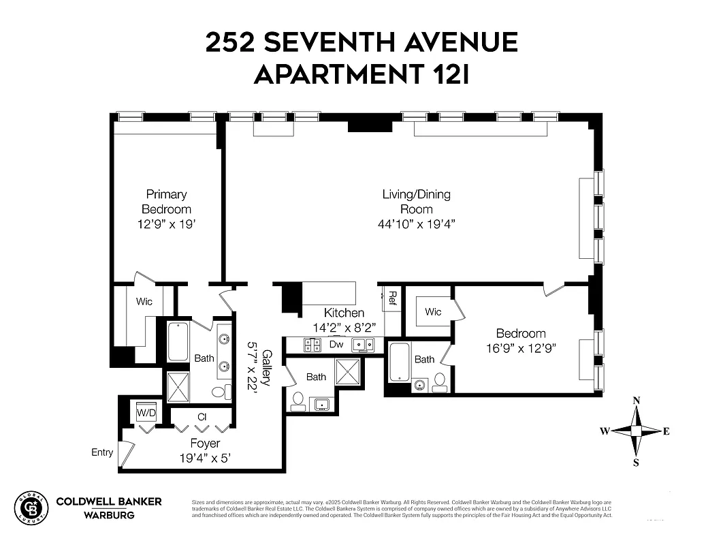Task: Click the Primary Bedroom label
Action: coord(166,202)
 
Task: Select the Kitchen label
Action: coord(344,313)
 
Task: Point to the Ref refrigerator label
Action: coord(393,297)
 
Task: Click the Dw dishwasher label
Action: coord(336,345)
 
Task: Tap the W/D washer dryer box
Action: coord(146,413)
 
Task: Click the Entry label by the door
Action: coord(102,452)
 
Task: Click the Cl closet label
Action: coord(202,416)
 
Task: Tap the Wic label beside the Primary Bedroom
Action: coord(144,302)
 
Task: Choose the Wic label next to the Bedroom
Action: coord(433,312)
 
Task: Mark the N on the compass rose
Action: coord(637,401)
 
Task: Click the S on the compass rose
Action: coord(637,463)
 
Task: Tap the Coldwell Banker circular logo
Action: coord(32,508)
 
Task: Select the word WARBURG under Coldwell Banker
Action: coord(108,515)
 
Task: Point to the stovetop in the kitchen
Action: coord(312,345)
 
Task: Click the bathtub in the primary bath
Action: coord(178,341)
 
